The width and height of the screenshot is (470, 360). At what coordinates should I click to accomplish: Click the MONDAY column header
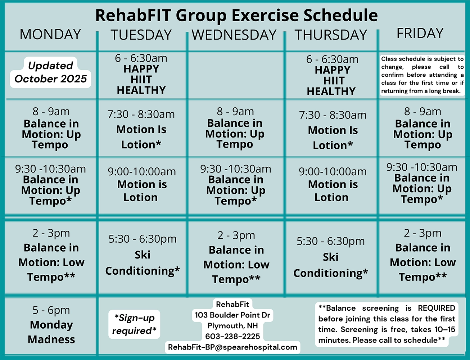[50, 34]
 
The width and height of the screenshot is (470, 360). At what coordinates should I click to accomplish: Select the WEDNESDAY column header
[234, 35]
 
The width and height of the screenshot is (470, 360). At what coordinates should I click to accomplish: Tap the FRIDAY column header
[420, 33]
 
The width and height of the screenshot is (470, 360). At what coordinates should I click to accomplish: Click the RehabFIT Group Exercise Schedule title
[237, 15]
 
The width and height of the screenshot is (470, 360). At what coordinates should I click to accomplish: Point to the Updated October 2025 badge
[51, 72]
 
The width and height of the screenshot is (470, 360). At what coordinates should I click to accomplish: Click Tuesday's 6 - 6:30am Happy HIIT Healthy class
[141, 74]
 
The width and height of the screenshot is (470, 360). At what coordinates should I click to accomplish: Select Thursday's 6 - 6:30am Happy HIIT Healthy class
[332, 75]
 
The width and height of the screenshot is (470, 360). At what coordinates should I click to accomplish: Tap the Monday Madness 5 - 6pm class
[51, 324]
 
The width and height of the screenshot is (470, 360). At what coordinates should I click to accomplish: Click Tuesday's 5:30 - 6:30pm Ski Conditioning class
[143, 255]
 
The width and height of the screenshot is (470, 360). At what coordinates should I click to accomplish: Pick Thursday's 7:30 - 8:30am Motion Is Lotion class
[333, 130]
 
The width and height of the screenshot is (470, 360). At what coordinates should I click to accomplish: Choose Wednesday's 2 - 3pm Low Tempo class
[236, 257]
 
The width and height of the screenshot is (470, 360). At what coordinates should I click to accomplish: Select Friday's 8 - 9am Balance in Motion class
[422, 128]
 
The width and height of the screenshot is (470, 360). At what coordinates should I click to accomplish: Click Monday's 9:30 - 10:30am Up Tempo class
[50, 185]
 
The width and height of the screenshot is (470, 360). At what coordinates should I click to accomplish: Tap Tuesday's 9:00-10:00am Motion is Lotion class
[142, 184]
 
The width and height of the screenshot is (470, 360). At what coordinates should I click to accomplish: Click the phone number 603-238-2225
[232, 336]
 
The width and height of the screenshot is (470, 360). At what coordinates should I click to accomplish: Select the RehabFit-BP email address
[232, 347]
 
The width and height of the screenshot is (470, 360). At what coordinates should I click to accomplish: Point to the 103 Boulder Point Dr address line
[232, 315]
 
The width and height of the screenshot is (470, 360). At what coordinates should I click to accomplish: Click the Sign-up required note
[134, 324]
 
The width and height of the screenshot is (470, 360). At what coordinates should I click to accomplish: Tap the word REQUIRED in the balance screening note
[437, 308]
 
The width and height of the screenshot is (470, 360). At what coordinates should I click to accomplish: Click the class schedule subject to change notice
[422, 75]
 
